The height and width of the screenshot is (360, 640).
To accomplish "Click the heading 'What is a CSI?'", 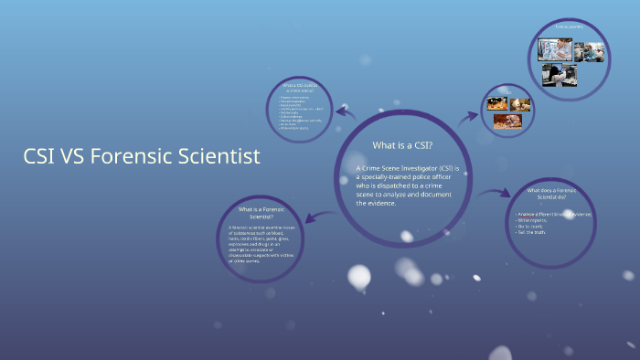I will point(402,145).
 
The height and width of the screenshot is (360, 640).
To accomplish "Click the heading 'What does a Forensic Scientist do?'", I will point(552,194).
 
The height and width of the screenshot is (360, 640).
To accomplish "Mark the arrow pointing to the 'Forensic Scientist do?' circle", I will point(498,194).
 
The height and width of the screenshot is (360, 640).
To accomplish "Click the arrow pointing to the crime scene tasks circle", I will point(346,111).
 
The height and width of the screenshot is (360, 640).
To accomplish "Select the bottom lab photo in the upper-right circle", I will point(559,74).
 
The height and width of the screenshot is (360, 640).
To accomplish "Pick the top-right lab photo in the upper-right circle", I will point(589,52).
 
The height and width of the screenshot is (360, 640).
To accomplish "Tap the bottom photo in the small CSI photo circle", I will point(508,122).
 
